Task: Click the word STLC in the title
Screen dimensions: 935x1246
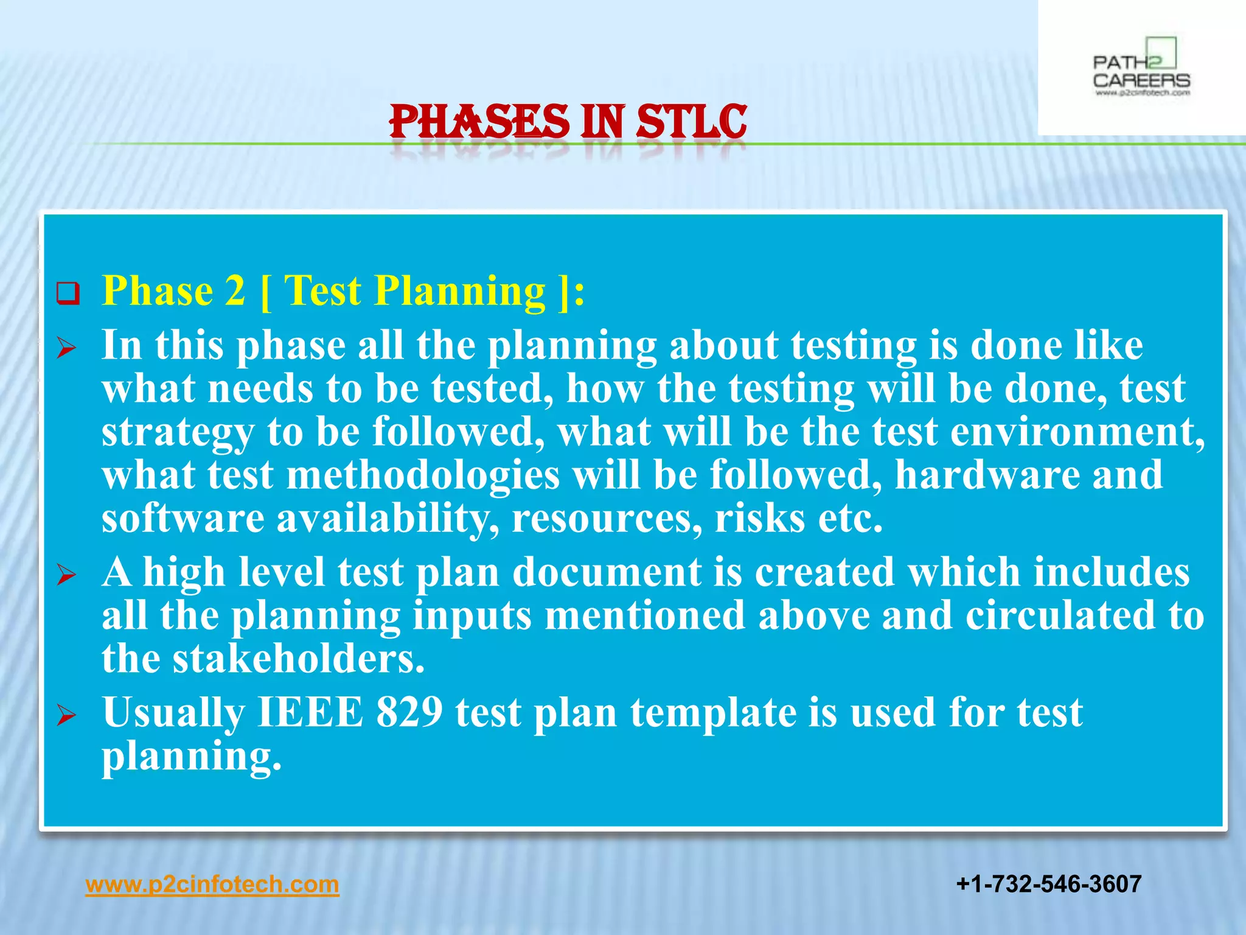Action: pos(691,122)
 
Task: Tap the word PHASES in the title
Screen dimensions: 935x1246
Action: pos(479,122)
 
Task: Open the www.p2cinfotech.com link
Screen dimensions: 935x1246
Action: pos(212,884)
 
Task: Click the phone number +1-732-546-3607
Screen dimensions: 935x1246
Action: pos(1048,884)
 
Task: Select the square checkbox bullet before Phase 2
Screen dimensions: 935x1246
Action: pos(68,293)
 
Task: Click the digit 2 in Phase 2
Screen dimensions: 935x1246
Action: pos(235,291)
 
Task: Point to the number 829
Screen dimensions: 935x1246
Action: pos(409,712)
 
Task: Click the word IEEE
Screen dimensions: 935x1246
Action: pos(310,712)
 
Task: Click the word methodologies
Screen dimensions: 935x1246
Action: pos(423,475)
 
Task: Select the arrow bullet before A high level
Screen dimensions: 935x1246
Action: pos(66,575)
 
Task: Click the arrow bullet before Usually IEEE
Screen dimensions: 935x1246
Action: pos(66,715)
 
